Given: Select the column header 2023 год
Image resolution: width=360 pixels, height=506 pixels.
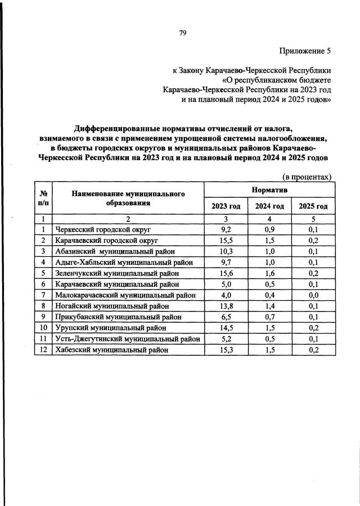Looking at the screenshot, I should pos(226,206).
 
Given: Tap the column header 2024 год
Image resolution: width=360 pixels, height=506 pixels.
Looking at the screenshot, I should pos(269,206).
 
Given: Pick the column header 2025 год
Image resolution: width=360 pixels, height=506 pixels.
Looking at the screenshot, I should pos(313,206).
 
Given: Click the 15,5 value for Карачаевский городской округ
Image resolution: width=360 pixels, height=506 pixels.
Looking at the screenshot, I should pos(226,240).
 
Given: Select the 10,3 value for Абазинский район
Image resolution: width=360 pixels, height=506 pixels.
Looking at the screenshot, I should pos(226,251).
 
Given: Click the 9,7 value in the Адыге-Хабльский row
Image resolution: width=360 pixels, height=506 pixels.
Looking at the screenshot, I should pos(226,262).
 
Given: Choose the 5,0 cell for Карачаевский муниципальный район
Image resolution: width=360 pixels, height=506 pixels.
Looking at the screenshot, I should pos(226,284).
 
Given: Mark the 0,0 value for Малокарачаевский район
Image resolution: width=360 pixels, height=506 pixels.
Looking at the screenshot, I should pos(313,295).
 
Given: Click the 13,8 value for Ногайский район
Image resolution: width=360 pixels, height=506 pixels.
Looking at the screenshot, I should pos(226,306).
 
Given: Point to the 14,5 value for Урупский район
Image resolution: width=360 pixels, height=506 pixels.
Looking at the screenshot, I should pos(226,328).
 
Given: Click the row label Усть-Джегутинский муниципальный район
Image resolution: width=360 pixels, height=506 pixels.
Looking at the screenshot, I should pos(127,339).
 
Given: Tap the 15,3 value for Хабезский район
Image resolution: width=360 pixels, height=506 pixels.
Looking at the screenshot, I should pos(226,350).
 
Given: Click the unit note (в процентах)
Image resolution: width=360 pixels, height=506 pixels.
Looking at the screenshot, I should pos(306,177).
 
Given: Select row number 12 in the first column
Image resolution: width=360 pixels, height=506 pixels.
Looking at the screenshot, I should pos(43,350).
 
